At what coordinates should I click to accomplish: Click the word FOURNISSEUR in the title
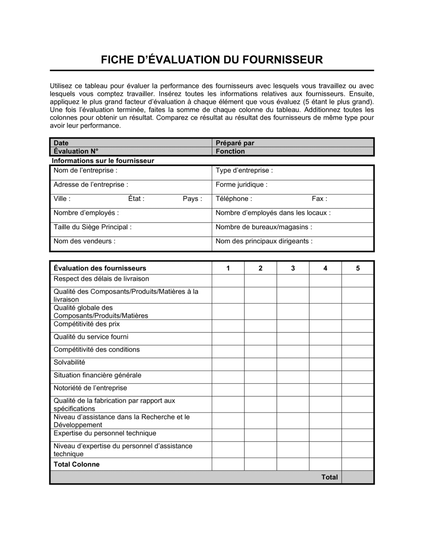click(x=282, y=60)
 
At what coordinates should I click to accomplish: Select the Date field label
click(x=61, y=143)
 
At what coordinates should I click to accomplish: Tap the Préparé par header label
click(x=235, y=143)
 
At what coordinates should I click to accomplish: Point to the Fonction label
click(x=230, y=151)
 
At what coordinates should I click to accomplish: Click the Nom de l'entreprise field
click(x=85, y=170)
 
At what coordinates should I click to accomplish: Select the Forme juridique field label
click(x=242, y=185)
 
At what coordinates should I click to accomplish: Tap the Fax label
click(x=319, y=199)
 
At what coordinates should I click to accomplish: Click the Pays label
click(x=192, y=199)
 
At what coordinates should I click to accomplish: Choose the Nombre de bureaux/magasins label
click(x=264, y=227)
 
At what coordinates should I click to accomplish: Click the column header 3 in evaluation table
click(x=293, y=268)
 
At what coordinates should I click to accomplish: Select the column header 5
click(x=358, y=268)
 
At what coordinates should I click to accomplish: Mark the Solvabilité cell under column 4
click(x=325, y=364)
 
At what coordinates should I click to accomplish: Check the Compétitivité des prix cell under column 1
click(x=228, y=326)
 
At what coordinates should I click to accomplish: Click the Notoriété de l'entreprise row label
click(x=90, y=388)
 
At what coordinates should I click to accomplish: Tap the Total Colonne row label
click(x=76, y=464)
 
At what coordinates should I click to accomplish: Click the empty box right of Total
click(x=358, y=477)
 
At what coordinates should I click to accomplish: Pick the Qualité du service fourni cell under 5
click(x=358, y=338)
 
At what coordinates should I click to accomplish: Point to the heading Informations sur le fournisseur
click(x=103, y=161)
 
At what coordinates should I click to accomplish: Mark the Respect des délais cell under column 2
click(x=260, y=281)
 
